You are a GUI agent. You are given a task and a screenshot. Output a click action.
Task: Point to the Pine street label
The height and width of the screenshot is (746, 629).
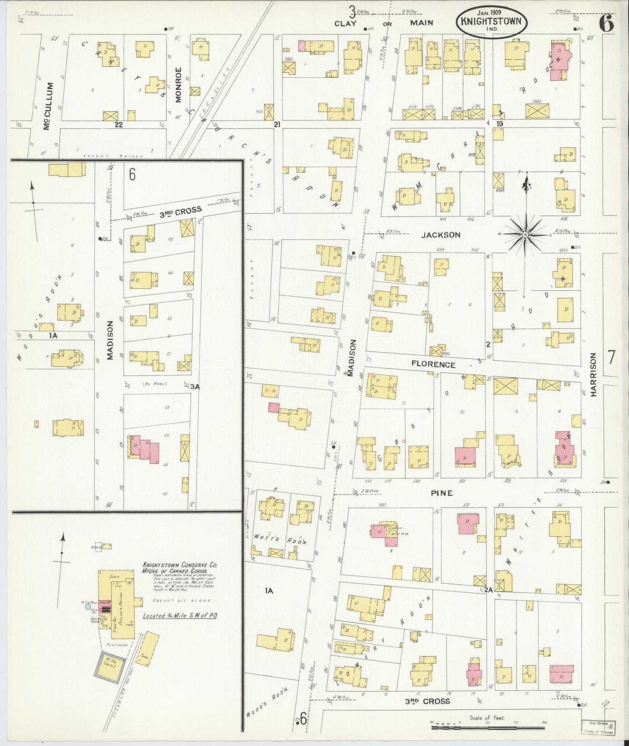click(x=441, y=493)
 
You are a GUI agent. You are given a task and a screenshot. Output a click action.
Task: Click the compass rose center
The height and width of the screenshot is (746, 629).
click(x=525, y=235)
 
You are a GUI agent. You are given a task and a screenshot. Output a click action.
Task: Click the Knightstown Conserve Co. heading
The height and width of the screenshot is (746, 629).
click(x=179, y=565)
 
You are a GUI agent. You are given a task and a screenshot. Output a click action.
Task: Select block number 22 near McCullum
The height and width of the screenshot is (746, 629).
click(x=119, y=124)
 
